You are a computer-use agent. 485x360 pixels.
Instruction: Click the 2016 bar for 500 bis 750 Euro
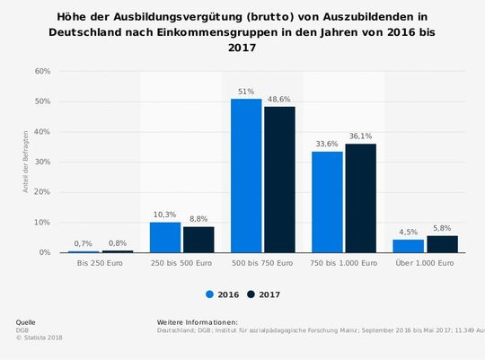coord(246,176)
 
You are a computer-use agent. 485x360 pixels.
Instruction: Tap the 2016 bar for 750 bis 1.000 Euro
coord(327,202)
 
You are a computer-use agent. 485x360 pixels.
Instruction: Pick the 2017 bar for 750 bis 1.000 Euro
coord(360,198)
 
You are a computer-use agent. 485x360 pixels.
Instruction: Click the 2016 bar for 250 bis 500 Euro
coord(165,237)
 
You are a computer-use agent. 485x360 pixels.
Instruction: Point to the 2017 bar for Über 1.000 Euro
coord(442,244)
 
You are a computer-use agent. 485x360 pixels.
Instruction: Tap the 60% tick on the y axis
coord(41,71)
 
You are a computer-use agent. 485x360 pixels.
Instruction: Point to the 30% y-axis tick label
coord(41,162)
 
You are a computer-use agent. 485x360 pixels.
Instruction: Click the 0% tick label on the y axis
coord(43,253)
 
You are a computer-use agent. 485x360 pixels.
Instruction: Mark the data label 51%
coord(246,92)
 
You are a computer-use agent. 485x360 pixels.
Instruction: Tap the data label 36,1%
coord(360,136)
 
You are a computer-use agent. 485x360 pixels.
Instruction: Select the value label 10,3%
coord(165,215)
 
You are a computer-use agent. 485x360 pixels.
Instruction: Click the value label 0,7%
coord(84,244)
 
